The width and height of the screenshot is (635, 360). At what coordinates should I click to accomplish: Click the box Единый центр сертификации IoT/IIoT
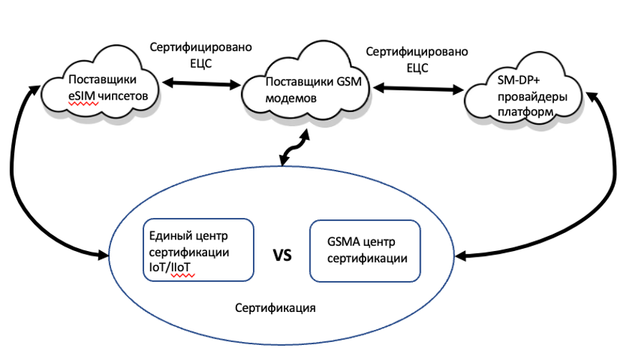point(201,250)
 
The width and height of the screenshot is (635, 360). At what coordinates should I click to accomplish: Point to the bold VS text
point(283,255)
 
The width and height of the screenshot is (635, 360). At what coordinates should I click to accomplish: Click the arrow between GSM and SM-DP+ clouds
point(416,89)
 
